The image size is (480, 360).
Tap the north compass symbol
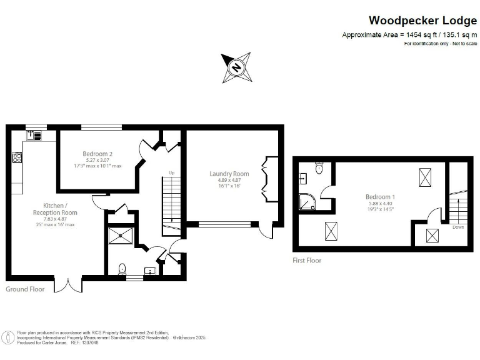pyautogui.click(x=236, y=67)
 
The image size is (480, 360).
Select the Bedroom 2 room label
pyautogui.click(x=97, y=154)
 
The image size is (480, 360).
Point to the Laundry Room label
pyautogui.click(x=229, y=174)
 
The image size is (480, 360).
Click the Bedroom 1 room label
pyautogui.click(x=380, y=197)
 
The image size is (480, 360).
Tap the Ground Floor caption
pyautogui.click(x=25, y=289)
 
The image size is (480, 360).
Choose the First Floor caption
pyautogui.click(x=307, y=260)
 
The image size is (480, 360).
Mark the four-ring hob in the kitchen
pyautogui.click(x=17, y=157)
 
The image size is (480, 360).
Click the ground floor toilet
pyautogui.click(x=122, y=269)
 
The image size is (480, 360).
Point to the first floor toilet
pyautogui.click(x=319, y=167)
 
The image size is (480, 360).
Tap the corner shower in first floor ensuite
pyautogui.click(x=307, y=201)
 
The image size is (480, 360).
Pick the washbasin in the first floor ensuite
pyautogui.click(x=302, y=178)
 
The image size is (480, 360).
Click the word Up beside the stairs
pyautogui.click(x=171, y=172)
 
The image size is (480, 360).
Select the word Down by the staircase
pyautogui.click(x=458, y=227)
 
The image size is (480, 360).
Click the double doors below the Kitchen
pyautogui.click(x=68, y=284)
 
